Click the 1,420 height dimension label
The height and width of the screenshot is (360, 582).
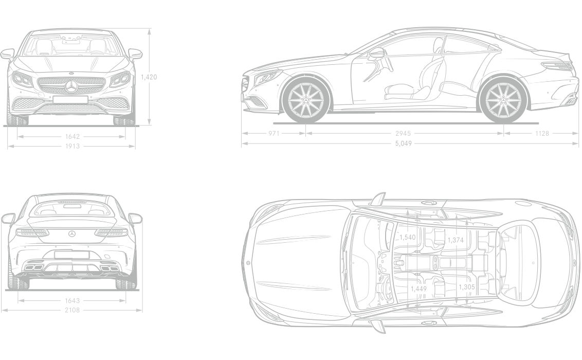149,77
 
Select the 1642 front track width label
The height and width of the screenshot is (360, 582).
72,137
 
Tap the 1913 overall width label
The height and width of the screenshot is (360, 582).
72,146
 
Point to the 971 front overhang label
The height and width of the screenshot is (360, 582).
274,134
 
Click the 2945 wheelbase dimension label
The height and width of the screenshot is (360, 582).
403,134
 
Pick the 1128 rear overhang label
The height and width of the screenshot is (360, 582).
542,134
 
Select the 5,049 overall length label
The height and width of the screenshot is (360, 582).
404,143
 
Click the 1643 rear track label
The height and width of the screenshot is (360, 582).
72,301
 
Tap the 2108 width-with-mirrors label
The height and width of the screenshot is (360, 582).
72,310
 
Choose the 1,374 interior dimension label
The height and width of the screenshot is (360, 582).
456,240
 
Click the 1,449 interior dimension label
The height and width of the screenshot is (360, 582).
419,289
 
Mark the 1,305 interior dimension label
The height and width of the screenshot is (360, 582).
466,287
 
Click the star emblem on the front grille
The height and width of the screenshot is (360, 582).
71,87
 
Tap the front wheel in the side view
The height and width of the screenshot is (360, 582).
305,99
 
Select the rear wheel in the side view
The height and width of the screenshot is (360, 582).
503,99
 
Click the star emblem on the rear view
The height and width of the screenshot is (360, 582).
72,233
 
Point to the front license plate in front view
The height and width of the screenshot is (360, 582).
70,99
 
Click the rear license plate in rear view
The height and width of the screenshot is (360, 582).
72,255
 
